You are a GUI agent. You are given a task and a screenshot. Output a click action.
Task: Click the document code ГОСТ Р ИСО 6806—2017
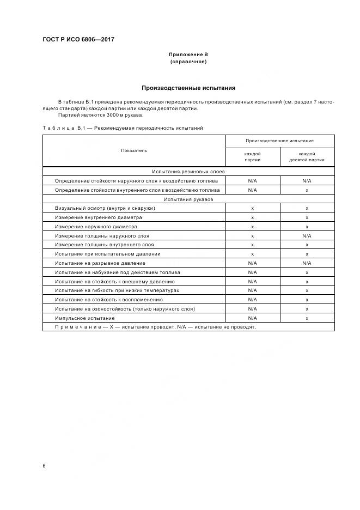78,39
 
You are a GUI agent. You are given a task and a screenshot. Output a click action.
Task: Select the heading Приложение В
188,55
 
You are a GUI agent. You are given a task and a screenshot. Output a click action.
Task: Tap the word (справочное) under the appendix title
188,62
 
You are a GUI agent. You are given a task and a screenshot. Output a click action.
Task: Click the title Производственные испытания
188,88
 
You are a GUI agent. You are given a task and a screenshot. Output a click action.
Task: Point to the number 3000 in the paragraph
101,115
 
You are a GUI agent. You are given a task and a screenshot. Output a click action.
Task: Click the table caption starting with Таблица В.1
123,127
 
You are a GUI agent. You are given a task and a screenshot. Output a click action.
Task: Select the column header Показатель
134,150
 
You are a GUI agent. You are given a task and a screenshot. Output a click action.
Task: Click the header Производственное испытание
279,141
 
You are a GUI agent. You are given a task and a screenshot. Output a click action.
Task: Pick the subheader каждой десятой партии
307,157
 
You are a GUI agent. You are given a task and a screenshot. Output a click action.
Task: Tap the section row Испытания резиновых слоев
188,171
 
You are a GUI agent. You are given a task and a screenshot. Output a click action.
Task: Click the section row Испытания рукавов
188,199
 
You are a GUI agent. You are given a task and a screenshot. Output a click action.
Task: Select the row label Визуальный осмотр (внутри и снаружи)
105,208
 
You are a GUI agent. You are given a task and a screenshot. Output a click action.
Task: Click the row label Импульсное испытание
84,318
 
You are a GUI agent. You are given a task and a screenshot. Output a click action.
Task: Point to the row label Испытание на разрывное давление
100,263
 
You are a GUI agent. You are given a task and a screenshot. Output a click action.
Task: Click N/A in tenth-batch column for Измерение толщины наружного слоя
307,235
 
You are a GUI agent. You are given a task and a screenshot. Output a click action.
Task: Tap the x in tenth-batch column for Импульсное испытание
307,318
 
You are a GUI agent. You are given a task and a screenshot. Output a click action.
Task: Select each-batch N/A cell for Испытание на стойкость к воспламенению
252,300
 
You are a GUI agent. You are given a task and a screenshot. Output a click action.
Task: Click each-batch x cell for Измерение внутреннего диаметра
252,217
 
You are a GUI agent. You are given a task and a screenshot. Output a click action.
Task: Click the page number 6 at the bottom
44,466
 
